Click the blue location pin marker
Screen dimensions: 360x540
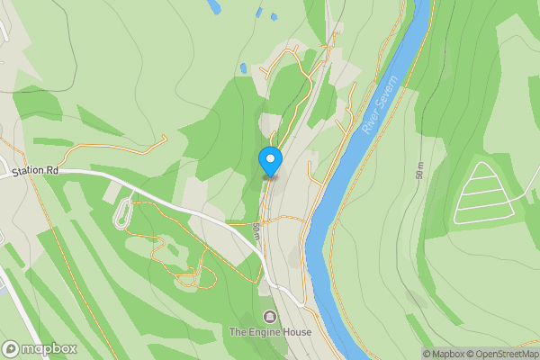pyautogui.click(x=270, y=160)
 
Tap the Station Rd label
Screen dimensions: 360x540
pyautogui.click(x=35, y=169)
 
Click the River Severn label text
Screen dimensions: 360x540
pyautogui.click(x=380, y=105)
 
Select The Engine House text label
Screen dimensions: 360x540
pyautogui.click(x=270, y=332)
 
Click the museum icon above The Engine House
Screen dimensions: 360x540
pyautogui.click(x=270, y=317)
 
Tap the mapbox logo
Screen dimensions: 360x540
pyautogui.click(x=40, y=348)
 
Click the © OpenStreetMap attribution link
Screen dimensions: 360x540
pyautogui.click(x=499, y=354)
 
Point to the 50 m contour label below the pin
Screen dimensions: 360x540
pyautogui.click(x=256, y=230)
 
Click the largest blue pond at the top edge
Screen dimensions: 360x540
pyautogui.click(x=213, y=6)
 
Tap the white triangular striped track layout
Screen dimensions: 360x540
pyautogui.click(x=486, y=193)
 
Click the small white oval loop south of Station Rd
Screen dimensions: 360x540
pyautogui.click(x=123, y=212)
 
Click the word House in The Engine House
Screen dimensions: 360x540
pyautogui.click(x=296, y=332)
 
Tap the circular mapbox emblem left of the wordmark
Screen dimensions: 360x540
pyautogui.click(x=11, y=348)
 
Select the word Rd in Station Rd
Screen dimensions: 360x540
pyautogui.click(x=52, y=169)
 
